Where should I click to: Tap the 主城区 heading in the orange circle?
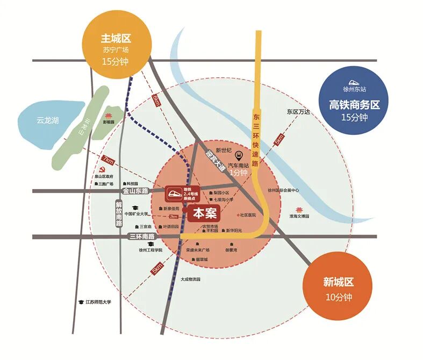[116, 39]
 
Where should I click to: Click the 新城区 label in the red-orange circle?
[339, 282]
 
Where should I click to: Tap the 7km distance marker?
[108, 160]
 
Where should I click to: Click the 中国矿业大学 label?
[136, 213]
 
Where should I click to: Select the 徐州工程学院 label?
[150, 250]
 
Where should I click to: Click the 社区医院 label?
[248, 215]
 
